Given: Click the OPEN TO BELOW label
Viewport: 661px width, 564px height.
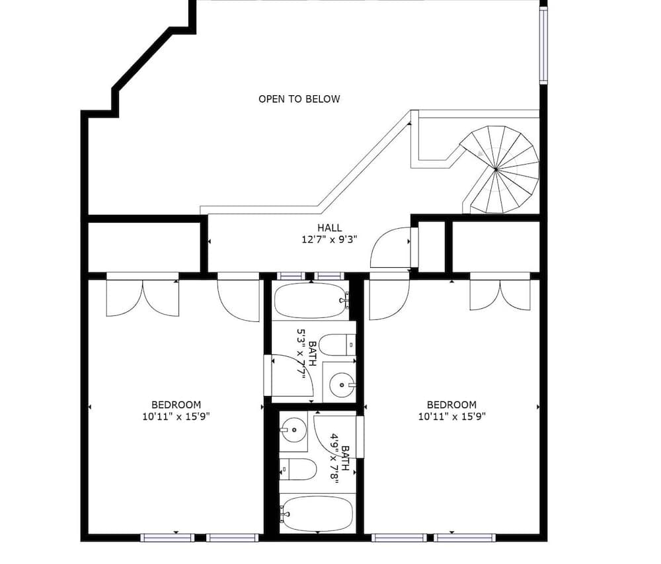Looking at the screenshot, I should [299, 99].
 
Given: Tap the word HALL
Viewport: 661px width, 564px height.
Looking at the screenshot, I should [329, 228].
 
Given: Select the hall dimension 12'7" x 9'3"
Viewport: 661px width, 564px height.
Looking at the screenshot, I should [329, 240].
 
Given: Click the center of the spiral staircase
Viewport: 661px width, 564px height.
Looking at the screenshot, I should [495, 170].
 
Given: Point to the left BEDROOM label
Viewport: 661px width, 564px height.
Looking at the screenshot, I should [176, 405].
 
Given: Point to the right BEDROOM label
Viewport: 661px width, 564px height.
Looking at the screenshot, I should [451, 405].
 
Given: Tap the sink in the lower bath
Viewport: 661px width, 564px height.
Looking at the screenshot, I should [293, 431].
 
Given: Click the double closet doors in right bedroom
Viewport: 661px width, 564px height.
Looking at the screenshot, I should [500, 294].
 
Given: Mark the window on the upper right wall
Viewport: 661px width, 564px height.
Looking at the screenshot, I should [543, 45].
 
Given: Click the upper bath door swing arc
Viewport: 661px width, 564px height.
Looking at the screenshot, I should [291, 376].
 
